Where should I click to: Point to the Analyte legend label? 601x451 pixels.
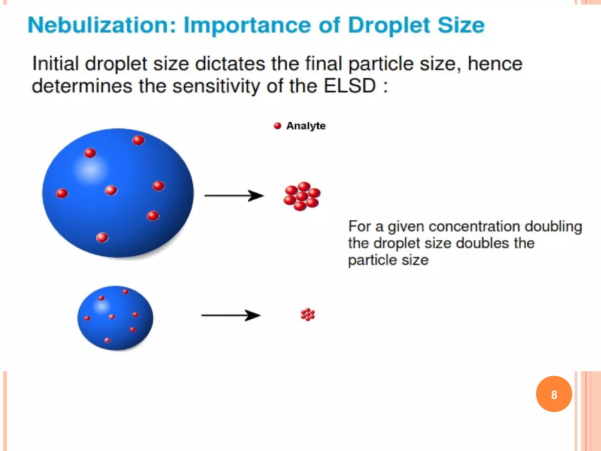(x=306, y=126)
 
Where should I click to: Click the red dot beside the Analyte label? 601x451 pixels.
(x=277, y=126)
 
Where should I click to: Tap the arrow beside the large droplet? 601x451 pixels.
(x=234, y=196)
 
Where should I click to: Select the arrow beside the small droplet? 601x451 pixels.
(x=231, y=315)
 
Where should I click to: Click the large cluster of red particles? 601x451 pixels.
(x=302, y=196)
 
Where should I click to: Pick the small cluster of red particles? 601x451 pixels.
(x=308, y=314)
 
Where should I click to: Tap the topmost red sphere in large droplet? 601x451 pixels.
(x=138, y=140)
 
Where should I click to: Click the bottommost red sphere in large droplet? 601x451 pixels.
(x=102, y=237)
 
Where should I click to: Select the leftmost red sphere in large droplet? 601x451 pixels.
(x=62, y=193)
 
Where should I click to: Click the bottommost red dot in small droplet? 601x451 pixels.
(x=107, y=340)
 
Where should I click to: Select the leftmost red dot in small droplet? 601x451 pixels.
(x=87, y=318)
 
